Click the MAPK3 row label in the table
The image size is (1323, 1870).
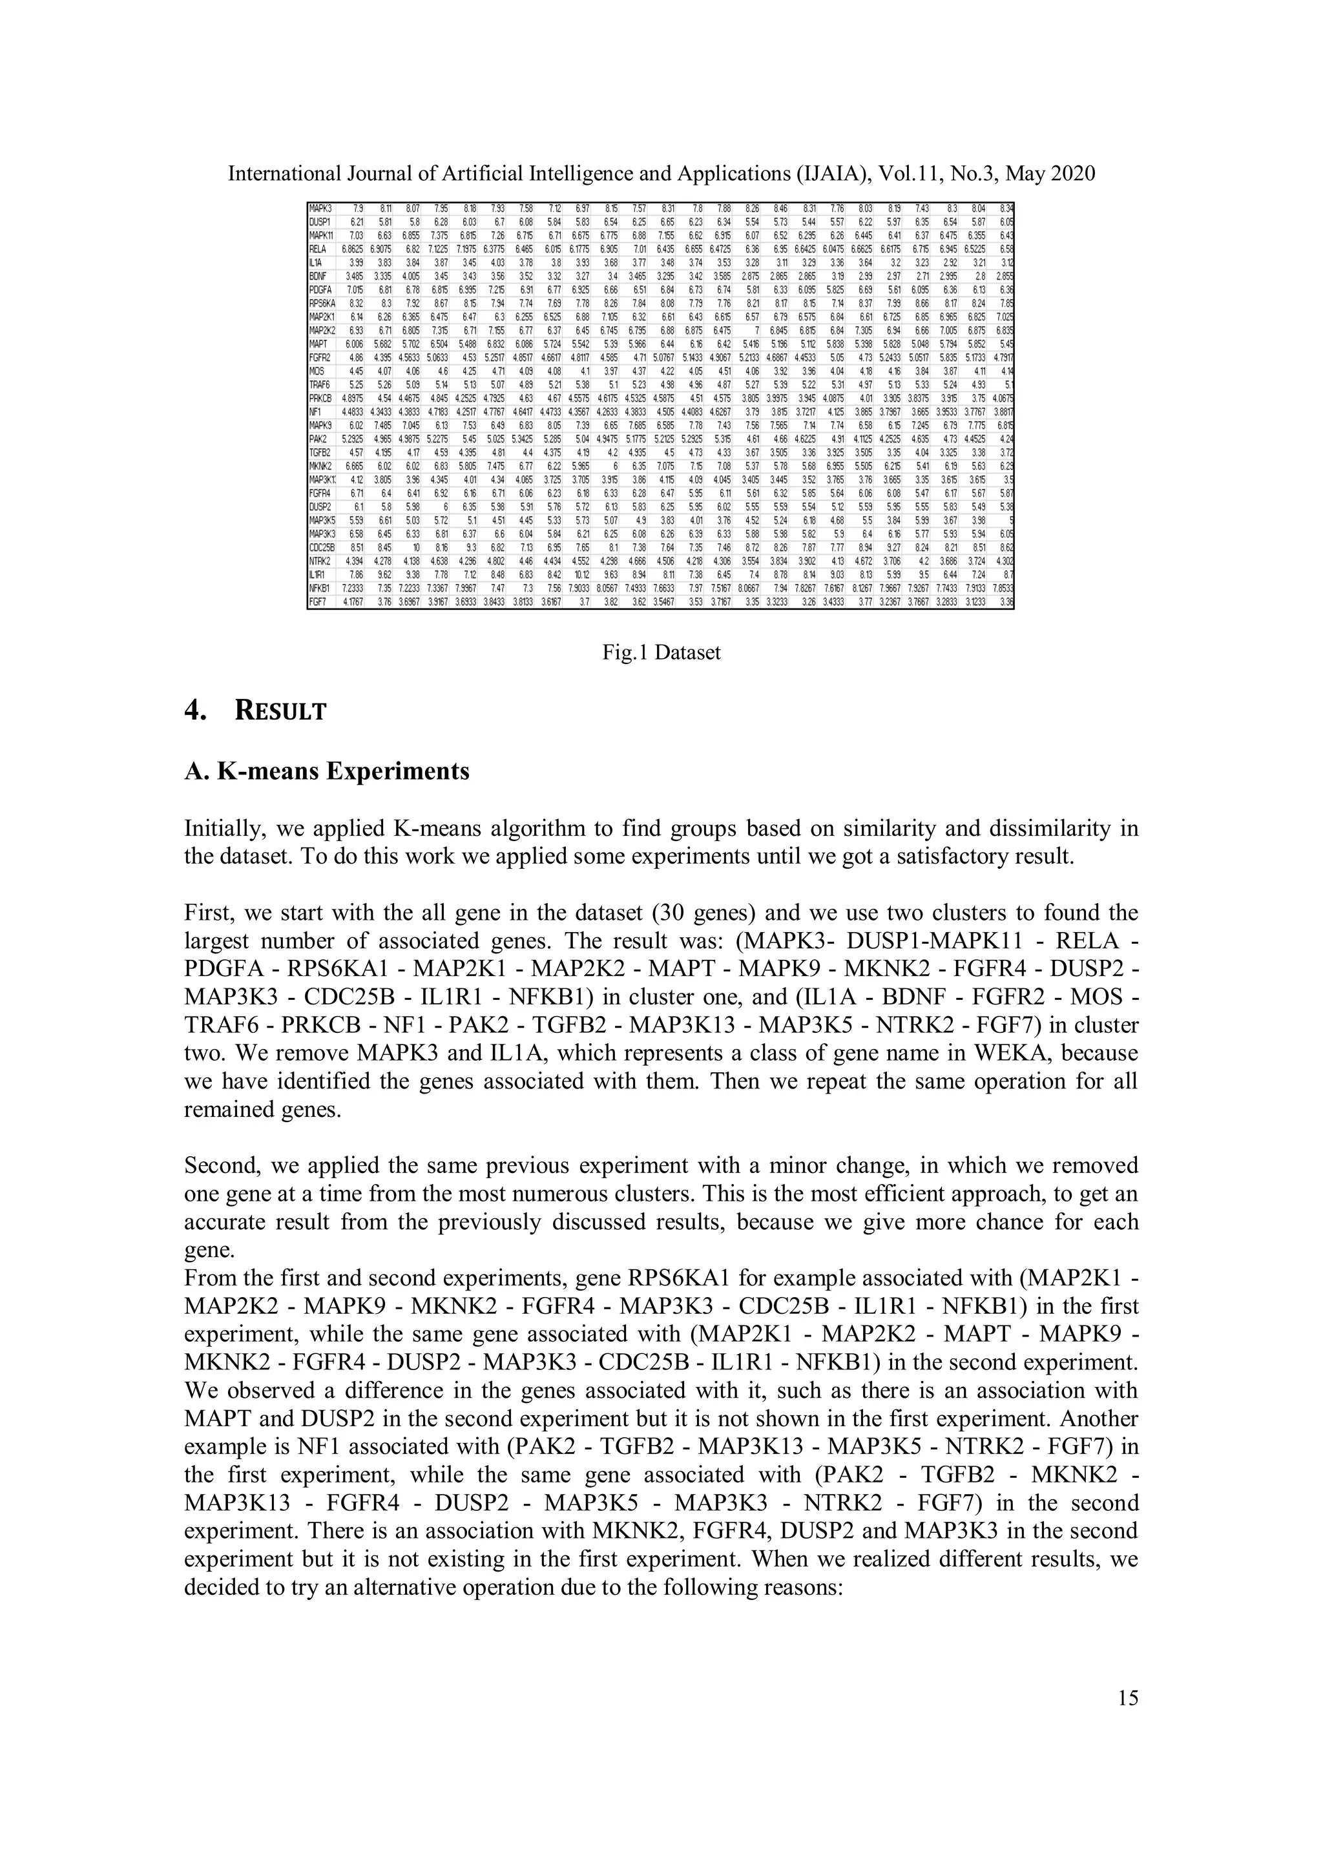coord(321,209)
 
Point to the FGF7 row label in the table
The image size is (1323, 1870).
coord(318,603)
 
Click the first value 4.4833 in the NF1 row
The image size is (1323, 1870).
coord(353,412)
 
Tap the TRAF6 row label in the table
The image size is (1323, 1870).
coord(320,385)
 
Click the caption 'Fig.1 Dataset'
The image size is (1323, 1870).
coord(661,652)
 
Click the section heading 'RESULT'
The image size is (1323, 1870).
coord(280,711)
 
